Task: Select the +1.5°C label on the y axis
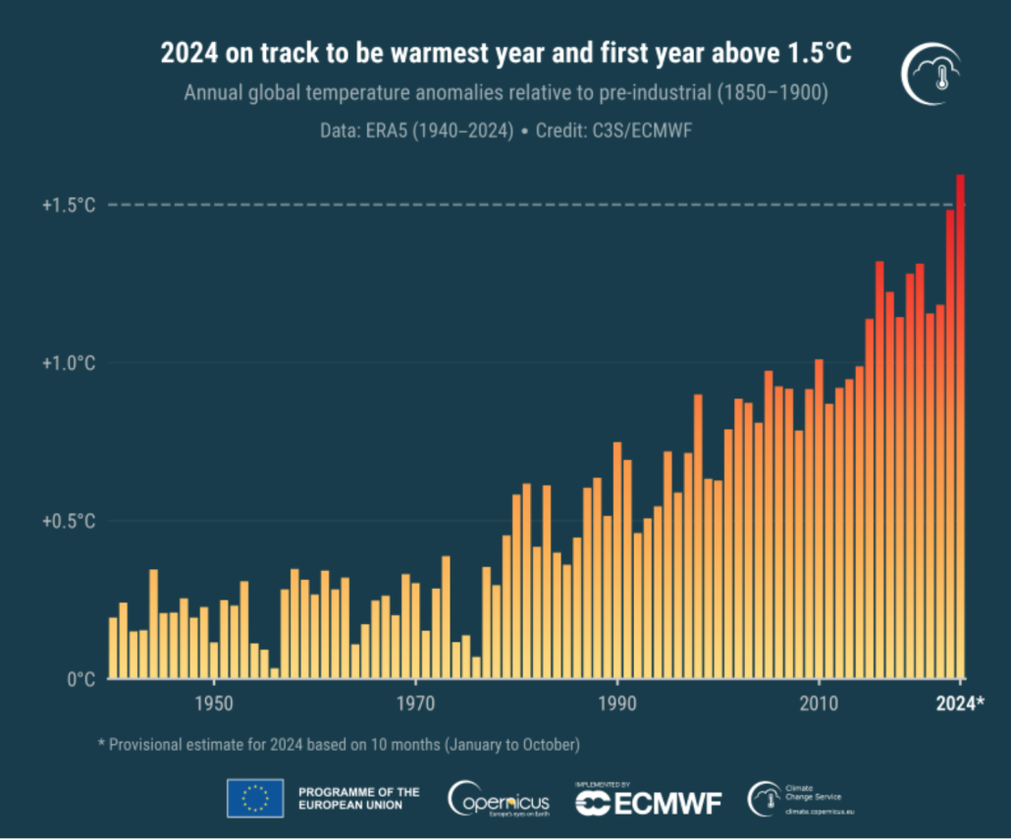coord(69,205)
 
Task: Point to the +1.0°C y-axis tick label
coord(69,363)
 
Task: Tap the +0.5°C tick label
coord(69,521)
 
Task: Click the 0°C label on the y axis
coord(80,679)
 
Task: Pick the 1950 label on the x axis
coord(214,704)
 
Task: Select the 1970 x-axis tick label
coord(415,704)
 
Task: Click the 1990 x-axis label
coord(617,704)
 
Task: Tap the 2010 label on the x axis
coord(819,704)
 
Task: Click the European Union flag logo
coord(255,798)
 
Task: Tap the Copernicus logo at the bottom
coord(499,799)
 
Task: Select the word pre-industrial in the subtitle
coord(636,95)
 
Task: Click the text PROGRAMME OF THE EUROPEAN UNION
coord(358,798)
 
